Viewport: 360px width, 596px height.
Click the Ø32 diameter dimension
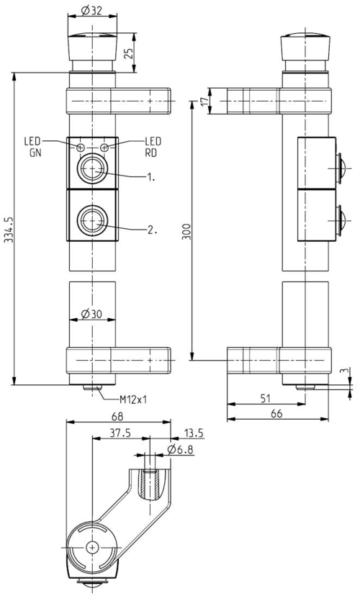(x=91, y=11)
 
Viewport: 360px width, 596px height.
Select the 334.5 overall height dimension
(x=9, y=229)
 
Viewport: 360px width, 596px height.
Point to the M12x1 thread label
(x=133, y=399)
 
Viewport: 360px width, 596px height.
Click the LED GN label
(x=32, y=147)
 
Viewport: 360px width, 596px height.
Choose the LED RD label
(x=153, y=147)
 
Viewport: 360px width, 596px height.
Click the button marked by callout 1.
(x=92, y=168)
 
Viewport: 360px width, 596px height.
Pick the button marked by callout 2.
(x=92, y=220)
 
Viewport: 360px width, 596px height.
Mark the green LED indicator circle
(x=80, y=148)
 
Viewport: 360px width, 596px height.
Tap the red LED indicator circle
(x=104, y=148)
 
